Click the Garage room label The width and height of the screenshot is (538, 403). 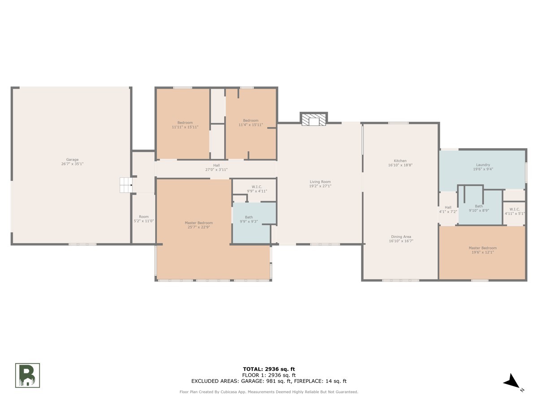(x=72, y=162)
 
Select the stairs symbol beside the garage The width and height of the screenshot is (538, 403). (x=126, y=185)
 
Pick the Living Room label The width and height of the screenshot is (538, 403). (x=320, y=184)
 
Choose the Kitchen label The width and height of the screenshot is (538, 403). (x=400, y=163)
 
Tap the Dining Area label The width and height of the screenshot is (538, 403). (x=401, y=239)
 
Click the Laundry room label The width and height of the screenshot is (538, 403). (x=483, y=167)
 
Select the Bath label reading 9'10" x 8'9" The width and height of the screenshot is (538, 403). (x=479, y=208)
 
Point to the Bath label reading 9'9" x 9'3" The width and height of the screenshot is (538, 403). (x=249, y=219)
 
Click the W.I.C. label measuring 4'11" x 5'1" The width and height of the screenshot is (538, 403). (x=515, y=211)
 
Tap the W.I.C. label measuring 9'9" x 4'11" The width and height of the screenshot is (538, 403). (x=257, y=189)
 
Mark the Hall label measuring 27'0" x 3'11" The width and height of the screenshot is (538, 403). (x=217, y=167)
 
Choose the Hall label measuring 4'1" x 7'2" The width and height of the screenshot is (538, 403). (x=448, y=210)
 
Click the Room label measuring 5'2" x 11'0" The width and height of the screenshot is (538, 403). (x=143, y=219)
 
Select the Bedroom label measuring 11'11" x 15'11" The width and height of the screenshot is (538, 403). (x=185, y=125)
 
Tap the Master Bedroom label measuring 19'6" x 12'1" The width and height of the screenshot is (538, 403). (x=482, y=250)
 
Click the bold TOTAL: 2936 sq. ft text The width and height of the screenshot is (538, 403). (x=269, y=369)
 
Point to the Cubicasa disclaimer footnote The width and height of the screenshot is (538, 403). (x=269, y=392)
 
